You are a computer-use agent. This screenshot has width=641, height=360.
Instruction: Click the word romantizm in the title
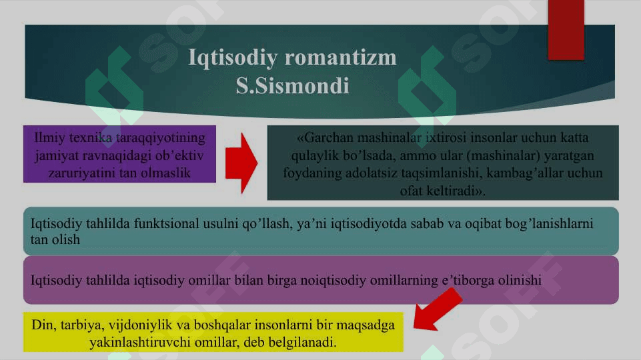341,57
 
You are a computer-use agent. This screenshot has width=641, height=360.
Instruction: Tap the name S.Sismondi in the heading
292,86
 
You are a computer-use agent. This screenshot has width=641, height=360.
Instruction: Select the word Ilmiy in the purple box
50,138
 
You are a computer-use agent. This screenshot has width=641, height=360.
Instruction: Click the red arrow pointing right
241,163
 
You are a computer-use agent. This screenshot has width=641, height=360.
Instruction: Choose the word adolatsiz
371,173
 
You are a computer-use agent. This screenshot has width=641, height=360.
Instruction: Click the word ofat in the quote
412,191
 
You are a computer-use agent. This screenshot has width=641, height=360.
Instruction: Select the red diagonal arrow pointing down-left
438,309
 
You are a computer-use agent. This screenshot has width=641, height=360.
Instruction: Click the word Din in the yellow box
43,325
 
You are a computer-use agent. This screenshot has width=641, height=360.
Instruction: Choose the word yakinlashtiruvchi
140,342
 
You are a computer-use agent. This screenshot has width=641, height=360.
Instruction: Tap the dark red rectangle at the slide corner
566,30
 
